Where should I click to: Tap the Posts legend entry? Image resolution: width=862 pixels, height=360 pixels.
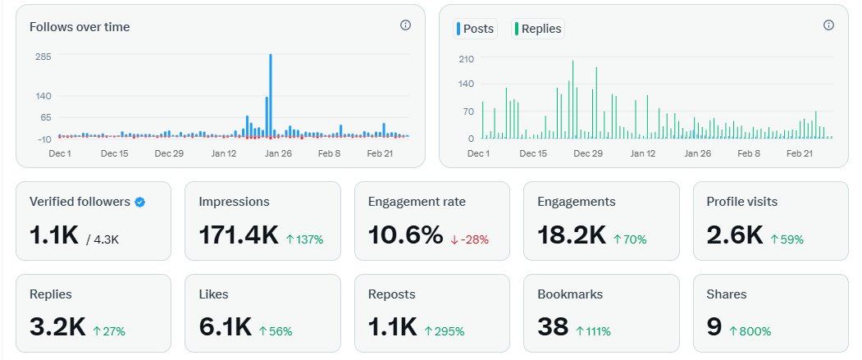coord(475,29)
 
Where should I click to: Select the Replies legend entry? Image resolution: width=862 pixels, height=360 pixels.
coord(537,29)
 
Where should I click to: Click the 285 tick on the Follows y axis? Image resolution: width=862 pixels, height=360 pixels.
coord(43,57)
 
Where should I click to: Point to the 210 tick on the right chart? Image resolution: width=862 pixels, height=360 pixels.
coord(466,59)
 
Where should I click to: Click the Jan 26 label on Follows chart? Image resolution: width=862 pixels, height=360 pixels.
coord(278,153)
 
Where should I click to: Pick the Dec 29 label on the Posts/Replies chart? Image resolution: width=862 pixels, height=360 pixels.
coord(587,153)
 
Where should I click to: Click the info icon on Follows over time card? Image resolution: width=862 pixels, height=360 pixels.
coord(405,25)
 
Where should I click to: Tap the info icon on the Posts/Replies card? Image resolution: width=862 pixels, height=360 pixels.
coord(828,25)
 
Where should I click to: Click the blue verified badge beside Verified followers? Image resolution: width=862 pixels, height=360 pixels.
coord(140,202)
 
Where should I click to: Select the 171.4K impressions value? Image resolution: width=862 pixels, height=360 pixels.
coord(239,235)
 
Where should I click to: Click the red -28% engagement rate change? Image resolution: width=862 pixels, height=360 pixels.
coord(469,239)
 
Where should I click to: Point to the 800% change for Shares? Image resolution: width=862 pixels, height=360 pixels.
coord(749,331)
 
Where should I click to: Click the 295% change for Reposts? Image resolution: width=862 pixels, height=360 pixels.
coord(444,331)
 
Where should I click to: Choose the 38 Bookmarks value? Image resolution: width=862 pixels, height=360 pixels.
coord(553,327)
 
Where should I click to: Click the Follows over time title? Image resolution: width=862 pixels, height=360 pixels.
coord(80,27)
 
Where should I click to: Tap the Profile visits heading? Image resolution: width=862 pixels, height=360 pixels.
coord(741,202)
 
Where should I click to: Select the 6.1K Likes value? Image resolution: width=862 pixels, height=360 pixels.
coord(225,327)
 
